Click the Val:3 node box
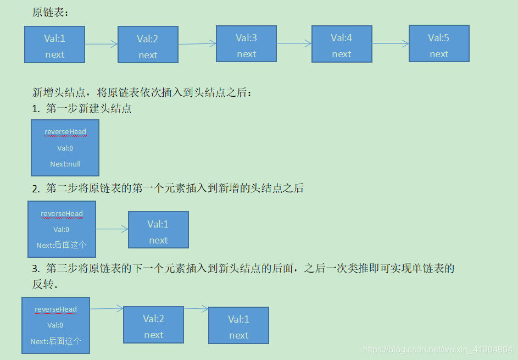(246, 43)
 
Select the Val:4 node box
(342, 43)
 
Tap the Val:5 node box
(439, 43)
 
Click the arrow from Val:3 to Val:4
(294, 43)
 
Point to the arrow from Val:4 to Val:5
(390, 43)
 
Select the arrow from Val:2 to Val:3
(197, 44)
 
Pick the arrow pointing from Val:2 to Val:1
(196, 308)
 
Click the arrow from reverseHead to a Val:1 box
(112, 229)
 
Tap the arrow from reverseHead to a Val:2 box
(107, 309)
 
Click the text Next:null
(65, 164)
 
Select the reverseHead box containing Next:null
(65, 148)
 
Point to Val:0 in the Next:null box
(65, 148)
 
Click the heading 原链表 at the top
(51, 12)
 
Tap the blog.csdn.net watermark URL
(438, 350)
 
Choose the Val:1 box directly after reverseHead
(158, 230)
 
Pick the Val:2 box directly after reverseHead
(153, 325)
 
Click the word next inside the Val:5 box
(439, 54)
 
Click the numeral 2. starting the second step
(36, 189)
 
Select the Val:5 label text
(438, 38)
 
